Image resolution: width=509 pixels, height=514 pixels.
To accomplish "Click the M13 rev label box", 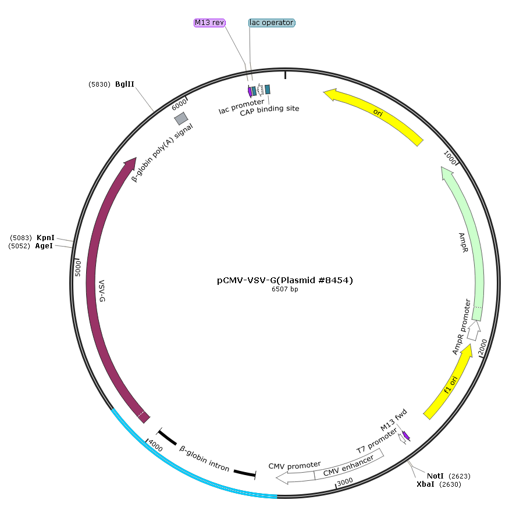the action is (x=209, y=23).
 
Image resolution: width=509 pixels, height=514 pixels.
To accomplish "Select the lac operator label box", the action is (x=272, y=23).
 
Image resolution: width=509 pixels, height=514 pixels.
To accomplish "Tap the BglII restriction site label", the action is (x=124, y=84).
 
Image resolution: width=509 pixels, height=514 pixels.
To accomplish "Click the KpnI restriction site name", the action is (x=45, y=238).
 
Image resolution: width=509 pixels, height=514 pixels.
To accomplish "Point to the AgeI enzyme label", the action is (x=44, y=246).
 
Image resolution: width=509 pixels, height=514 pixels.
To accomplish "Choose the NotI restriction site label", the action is (x=435, y=476).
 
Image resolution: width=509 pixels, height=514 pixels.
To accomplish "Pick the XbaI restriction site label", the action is (x=425, y=484).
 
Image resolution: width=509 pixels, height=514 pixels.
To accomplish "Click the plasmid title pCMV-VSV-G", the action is (x=285, y=280).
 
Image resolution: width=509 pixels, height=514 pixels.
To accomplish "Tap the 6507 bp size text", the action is (x=285, y=289).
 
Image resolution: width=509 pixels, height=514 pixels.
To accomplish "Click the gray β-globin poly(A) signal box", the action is (x=181, y=119).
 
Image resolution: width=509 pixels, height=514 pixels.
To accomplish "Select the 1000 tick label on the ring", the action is (x=450, y=158).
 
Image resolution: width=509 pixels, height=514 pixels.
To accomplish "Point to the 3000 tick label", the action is (x=345, y=481).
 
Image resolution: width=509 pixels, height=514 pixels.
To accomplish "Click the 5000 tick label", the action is (x=78, y=269).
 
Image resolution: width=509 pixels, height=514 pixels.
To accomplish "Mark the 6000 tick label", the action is (x=179, y=105).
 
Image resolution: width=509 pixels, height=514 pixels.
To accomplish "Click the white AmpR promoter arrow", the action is (x=474, y=331).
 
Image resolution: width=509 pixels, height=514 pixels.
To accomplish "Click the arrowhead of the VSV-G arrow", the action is (x=130, y=163).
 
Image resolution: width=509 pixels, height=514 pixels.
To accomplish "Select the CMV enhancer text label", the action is (x=348, y=466).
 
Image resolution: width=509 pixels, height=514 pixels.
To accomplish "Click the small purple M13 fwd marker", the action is (x=406, y=436).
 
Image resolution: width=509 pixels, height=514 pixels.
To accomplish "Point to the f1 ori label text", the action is (x=451, y=385).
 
